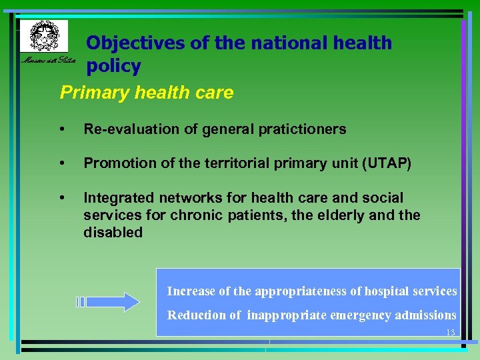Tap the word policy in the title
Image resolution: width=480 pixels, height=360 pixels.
[x=113, y=67]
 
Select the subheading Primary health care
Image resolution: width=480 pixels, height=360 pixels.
[x=147, y=92]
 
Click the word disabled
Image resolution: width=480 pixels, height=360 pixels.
[x=113, y=233]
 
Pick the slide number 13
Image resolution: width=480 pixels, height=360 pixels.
[x=450, y=333]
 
